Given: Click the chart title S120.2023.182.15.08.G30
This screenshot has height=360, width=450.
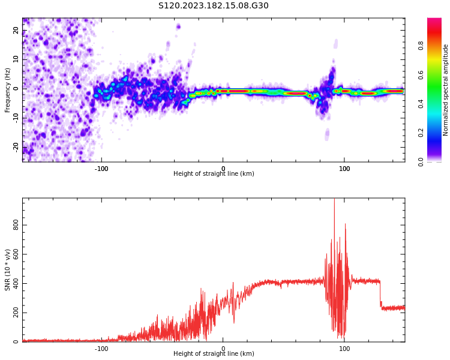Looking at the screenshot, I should tap(214, 6).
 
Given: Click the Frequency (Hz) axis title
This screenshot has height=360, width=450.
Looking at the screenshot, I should tap(8, 90).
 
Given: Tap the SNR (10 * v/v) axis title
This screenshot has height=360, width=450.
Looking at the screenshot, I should tap(8, 270).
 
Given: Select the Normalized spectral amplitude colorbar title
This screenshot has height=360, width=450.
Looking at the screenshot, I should tap(446, 90).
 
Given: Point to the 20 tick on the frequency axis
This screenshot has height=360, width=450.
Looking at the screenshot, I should tap(16, 31).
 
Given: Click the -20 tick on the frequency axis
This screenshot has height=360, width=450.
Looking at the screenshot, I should tap(16, 147).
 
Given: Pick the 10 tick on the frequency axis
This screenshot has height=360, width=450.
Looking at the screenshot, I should tap(16, 59).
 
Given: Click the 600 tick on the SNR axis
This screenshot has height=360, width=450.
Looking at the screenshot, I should tap(16, 254).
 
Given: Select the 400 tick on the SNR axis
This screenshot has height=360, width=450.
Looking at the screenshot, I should tap(16, 283).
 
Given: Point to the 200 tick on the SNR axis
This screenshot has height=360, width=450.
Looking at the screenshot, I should tap(16, 313).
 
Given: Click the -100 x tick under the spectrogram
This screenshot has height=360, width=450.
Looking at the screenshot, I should tap(101, 169).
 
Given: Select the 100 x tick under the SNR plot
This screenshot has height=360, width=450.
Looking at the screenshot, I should tap(344, 349).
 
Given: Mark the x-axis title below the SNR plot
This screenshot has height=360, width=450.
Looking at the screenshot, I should tap(214, 354).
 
